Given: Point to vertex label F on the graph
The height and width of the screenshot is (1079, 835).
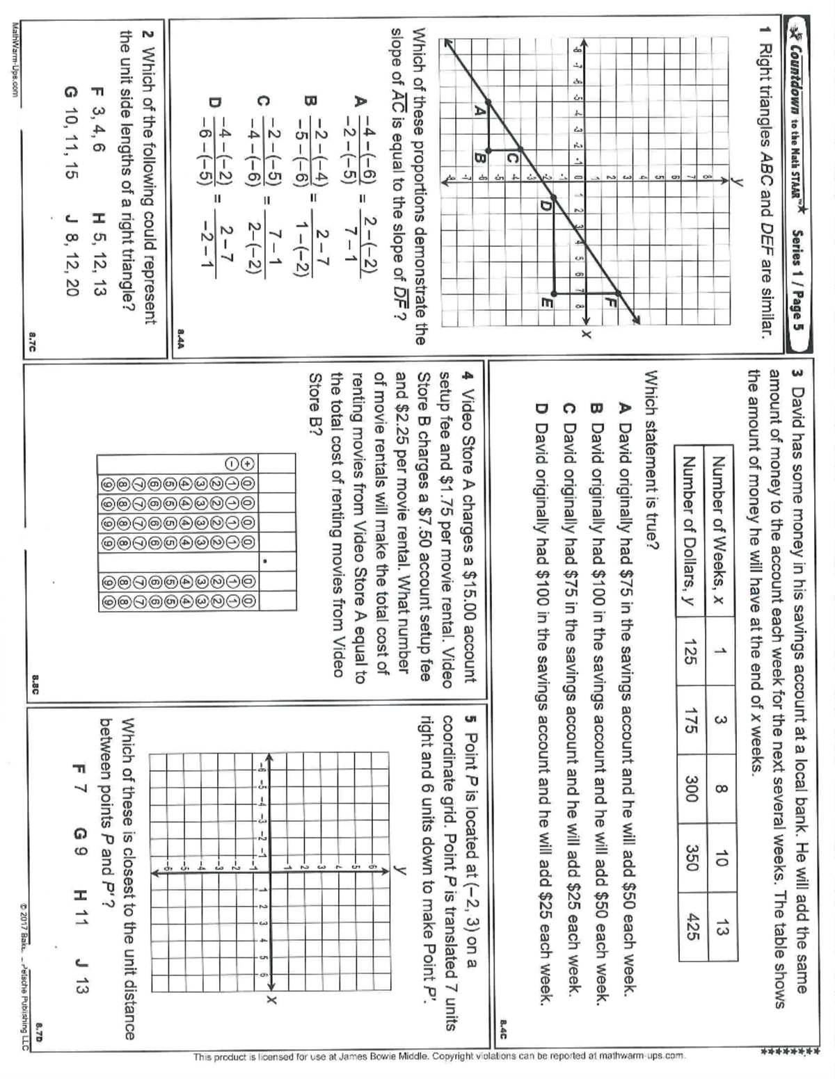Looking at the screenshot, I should click(x=611, y=301).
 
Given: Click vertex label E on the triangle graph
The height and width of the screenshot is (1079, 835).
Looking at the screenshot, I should click(x=546, y=303).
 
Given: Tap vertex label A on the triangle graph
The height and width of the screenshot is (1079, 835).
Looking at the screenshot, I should click(x=479, y=109).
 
